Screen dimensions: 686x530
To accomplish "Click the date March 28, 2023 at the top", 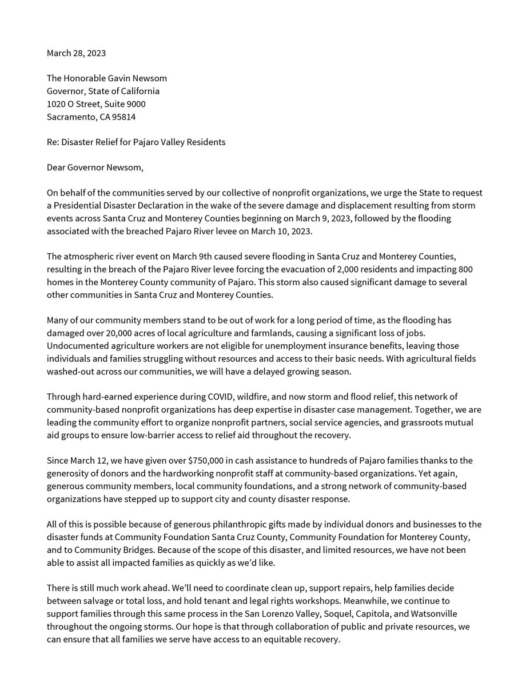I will (76, 53).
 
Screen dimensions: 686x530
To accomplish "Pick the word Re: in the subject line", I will (54, 142).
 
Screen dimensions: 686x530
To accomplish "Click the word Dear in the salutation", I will (57, 167).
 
